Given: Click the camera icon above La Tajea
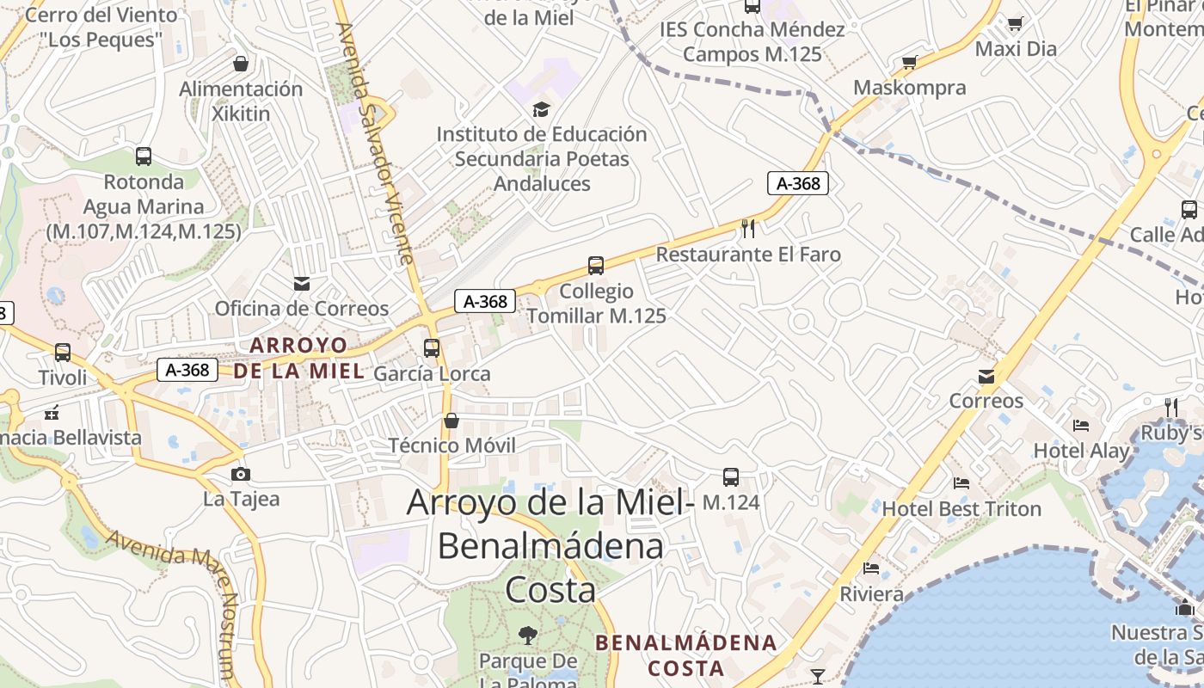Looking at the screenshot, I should point(241,474).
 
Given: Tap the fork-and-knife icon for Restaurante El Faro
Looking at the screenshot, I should point(748,228).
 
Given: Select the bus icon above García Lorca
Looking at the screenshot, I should point(432,348).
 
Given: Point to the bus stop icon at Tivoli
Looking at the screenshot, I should point(63,353).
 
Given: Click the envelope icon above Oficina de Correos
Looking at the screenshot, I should point(302,283).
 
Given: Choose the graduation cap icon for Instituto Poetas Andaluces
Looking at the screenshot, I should point(541,109).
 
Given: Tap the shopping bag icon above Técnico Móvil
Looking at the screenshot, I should point(451,421).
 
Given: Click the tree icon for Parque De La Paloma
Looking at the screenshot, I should point(528,636).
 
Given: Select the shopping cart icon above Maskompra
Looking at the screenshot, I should point(909,62).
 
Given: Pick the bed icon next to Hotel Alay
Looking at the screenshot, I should point(1081,425).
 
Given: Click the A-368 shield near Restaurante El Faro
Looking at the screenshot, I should point(797,183).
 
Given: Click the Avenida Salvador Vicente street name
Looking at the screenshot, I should point(375,142).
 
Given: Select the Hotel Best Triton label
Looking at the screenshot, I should point(961,509).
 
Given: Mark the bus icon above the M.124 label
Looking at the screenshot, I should point(731,476).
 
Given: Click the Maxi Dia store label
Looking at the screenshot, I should point(1016,49).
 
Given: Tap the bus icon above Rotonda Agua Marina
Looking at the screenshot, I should point(144,157).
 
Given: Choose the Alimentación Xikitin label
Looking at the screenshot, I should point(241,101).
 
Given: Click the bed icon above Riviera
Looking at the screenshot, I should point(871,568).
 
